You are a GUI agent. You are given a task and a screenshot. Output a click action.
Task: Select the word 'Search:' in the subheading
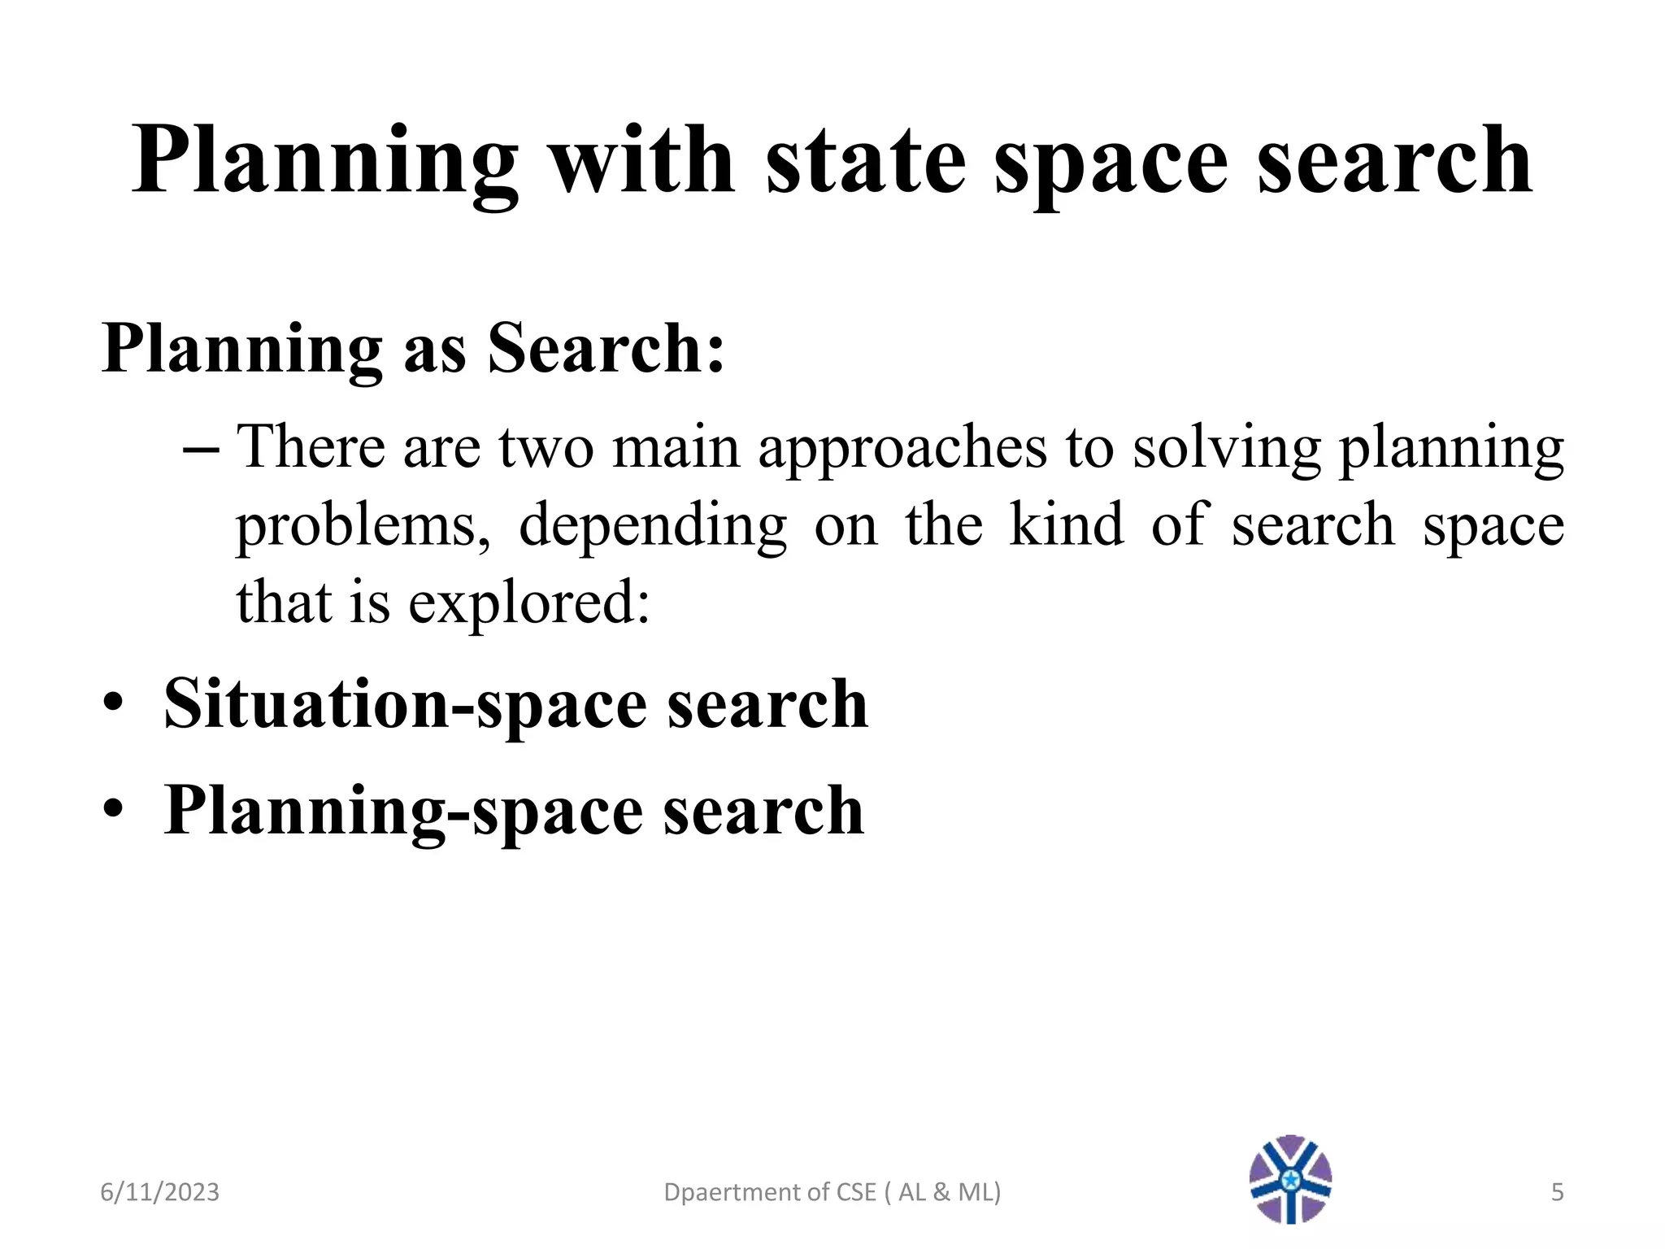pos(606,348)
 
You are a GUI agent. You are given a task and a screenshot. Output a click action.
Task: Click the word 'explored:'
pos(528,604)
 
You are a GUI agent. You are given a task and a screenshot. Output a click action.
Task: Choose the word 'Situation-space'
pos(405,704)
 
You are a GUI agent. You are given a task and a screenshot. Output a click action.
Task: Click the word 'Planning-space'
pos(403,811)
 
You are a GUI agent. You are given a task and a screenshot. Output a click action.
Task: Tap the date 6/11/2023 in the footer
pos(159,1192)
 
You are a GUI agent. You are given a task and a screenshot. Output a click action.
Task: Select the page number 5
pos(1557,1192)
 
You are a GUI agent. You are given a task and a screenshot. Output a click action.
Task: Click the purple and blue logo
pos(1290,1179)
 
